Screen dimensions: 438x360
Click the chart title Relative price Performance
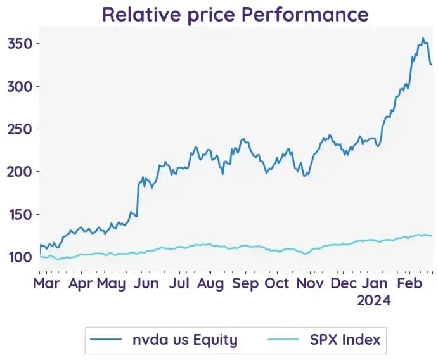[x=235, y=15]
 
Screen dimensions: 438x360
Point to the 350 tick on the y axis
[x=20, y=44]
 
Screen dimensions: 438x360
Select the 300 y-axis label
[x=20, y=87]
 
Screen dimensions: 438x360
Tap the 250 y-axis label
[x=20, y=129]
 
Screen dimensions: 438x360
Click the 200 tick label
[x=20, y=172]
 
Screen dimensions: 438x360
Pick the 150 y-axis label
[x=21, y=214]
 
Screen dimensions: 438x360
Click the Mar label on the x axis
[x=46, y=283]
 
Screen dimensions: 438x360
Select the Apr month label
[x=81, y=284]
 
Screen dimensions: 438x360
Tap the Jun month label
[x=146, y=283]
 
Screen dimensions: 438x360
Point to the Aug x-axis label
[x=210, y=284]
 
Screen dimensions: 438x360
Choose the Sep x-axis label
[x=245, y=284]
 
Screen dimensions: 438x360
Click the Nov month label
[x=310, y=283]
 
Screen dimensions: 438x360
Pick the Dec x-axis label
[x=344, y=283]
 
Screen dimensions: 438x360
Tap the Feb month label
[x=409, y=283]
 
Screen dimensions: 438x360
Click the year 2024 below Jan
[x=374, y=301]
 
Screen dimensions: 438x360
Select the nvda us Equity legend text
[x=185, y=340]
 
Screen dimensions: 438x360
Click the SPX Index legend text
[x=345, y=340]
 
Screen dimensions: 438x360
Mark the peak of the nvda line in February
[x=423, y=37]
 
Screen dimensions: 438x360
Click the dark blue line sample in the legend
[x=106, y=340]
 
